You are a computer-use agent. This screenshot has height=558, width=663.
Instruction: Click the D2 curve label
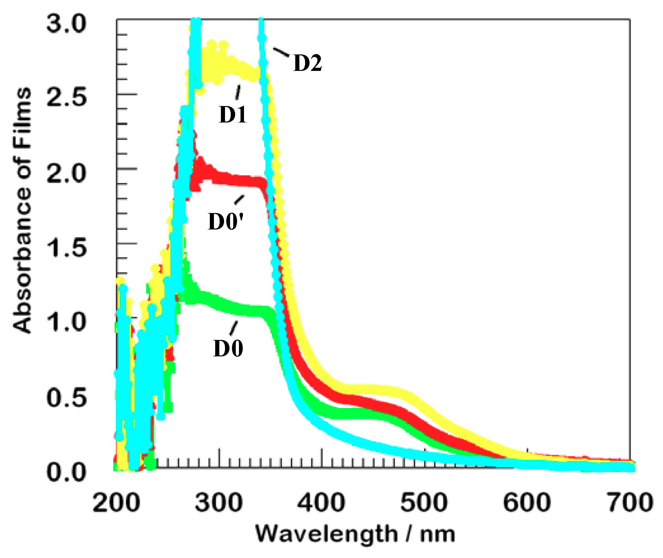tap(308, 63)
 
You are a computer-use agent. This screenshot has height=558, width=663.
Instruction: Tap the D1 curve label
tap(233, 114)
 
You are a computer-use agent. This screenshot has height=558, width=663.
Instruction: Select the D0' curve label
tap(226, 221)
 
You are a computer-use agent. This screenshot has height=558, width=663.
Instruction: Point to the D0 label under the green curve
tap(228, 348)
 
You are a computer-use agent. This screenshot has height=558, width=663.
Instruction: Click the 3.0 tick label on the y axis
tap(66, 23)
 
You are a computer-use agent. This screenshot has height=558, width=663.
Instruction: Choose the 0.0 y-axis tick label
tap(66, 472)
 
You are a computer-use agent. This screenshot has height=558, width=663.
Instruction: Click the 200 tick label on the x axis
tap(116, 503)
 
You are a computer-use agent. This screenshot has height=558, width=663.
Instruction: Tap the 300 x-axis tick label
tap(219, 503)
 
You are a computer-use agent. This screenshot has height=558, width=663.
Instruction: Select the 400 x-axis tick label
tap(321, 503)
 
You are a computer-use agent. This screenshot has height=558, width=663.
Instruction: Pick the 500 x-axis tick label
tap(424, 503)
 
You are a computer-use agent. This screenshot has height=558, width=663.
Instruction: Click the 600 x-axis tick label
tap(527, 503)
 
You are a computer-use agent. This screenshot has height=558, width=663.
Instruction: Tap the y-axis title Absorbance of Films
tap(22, 210)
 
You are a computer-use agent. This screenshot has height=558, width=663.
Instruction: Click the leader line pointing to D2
tap(281, 52)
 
